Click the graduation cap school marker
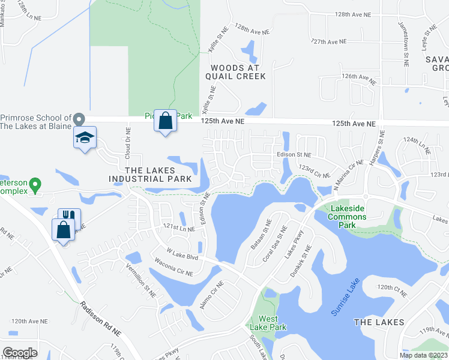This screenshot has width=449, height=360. (x=85, y=139)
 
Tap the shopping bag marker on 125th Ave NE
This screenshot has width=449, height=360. (x=165, y=121)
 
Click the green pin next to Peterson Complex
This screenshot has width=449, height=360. (x=35, y=184)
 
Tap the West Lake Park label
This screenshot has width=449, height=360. (x=272, y=323)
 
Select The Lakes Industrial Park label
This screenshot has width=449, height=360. (x=150, y=175)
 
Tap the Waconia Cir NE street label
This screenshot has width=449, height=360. (x=173, y=268)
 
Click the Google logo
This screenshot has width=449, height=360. (x=20, y=352)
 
